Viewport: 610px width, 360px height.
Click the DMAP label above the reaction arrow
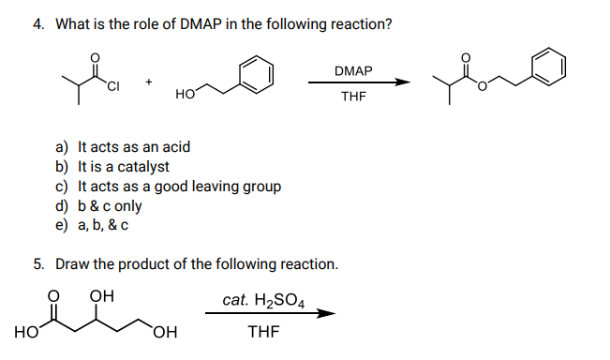tap(352, 71)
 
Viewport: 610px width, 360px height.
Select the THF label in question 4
tap(352, 97)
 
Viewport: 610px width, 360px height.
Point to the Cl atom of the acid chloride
tap(114, 89)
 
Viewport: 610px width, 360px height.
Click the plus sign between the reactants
tap(148, 82)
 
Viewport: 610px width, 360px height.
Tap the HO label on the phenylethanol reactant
tap(185, 95)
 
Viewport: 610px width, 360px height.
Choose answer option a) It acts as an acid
tap(123, 146)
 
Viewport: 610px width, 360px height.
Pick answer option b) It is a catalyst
tap(112, 166)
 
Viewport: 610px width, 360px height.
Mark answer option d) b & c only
tap(99, 205)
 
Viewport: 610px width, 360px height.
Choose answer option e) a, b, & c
tap(92, 225)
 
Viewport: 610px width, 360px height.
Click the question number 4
tap(37, 23)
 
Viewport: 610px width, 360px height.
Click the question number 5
tap(37, 264)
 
